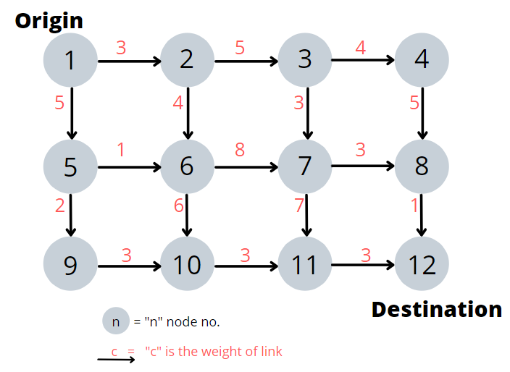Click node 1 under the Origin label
coord(70,60)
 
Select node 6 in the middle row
coord(188,166)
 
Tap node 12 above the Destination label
coord(422,264)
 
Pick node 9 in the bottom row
coord(70,264)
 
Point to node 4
coord(422,60)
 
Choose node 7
coord(305,166)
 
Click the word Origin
coord(49,20)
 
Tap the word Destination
coord(436,309)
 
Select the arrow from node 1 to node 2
coord(129,62)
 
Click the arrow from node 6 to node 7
coord(246,168)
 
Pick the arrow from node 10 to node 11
coord(246,266)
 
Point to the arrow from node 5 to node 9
coord(71,215)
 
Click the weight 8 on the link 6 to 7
coord(240,150)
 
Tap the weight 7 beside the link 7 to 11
coord(298,206)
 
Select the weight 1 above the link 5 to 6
coord(120,150)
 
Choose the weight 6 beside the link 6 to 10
coord(179,206)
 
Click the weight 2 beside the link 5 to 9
coord(60,206)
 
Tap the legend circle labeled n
coord(116,321)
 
